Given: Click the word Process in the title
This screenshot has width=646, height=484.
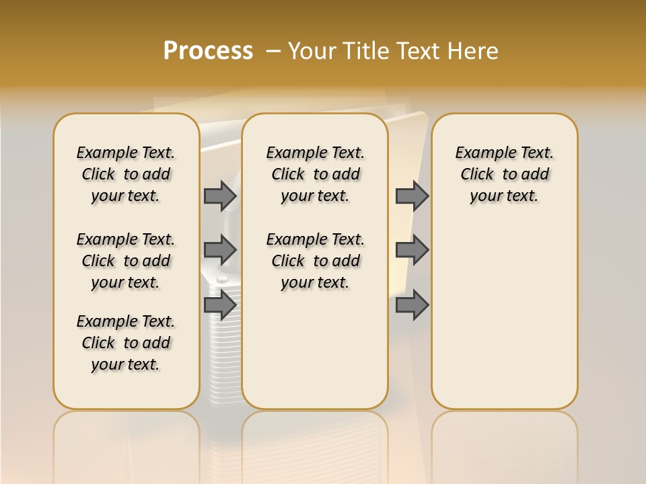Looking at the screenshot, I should point(208,51).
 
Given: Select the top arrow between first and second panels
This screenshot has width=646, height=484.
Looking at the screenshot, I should point(220,196).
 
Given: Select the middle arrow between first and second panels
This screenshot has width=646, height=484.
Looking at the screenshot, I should point(220,250).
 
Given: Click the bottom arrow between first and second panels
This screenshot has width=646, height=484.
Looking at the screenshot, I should point(220,305).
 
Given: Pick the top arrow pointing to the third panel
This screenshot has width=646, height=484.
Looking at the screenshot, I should point(412,196).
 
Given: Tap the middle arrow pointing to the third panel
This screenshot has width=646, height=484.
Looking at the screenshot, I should point(412,250).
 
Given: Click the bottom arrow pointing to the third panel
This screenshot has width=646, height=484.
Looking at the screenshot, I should point(412,305).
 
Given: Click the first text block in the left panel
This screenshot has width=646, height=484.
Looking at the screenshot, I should point(126,174).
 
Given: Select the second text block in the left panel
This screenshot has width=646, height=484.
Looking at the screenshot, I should point(126,261).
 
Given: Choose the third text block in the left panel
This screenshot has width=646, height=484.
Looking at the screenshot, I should point(126,343).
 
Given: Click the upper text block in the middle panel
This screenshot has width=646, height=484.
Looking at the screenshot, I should point(315,174).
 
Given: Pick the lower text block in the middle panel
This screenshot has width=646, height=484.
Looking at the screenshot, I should point(315,261).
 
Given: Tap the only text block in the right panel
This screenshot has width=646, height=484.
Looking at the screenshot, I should point(504,174).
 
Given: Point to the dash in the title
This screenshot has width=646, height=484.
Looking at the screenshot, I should point(273,51).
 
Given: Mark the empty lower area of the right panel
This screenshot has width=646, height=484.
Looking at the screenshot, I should point(504,316).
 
